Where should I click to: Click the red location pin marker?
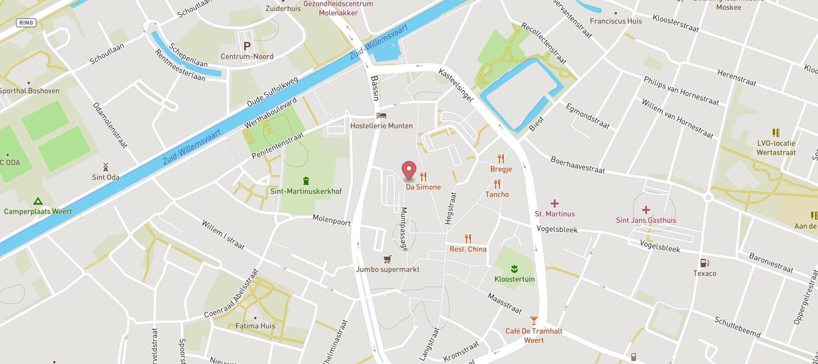pyautogui.click(x=409, y=170)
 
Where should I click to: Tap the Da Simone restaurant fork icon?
pyautogui.click(x=424, y=177)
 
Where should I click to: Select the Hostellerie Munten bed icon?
pyautogui.click(x=382, y=116)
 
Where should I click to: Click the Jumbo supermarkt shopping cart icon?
pyautogui.click(x=387, y=259)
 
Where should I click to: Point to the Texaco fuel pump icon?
pyautogui.click(x=704, y=263)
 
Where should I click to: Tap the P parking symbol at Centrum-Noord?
pyautogui.click(x=247, y=46)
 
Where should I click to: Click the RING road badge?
pyautogui.click(x=26, y=22)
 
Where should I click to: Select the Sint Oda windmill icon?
pyautogui.click(x=105, y=167)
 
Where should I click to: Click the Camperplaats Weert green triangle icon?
pyautogui.click(x=38, y=201)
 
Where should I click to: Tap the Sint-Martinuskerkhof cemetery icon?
pyautogui.click(x=306, y=181)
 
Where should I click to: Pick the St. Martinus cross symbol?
pyautogui.click(x=554, y=203)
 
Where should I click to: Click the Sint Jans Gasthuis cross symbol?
pyautogui.click(x=646, y=210)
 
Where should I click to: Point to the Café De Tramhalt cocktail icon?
pyautogui.click(x=534, y=320)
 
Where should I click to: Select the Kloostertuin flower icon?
pyautogui.click(x=514, y=268)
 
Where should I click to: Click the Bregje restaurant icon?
pyautogui.click(x=501, y=159)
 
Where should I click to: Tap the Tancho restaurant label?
pyautogui.click(x=497, y=194)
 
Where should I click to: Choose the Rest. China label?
pyautogui.click(x=468, y=249)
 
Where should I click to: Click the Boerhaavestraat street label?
pyautogui.click(x=577, y=165)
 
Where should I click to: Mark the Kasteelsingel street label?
pyautogui.click(x=455, y=86)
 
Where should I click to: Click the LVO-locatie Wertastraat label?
pyautogui.click(x=776, y=148)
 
